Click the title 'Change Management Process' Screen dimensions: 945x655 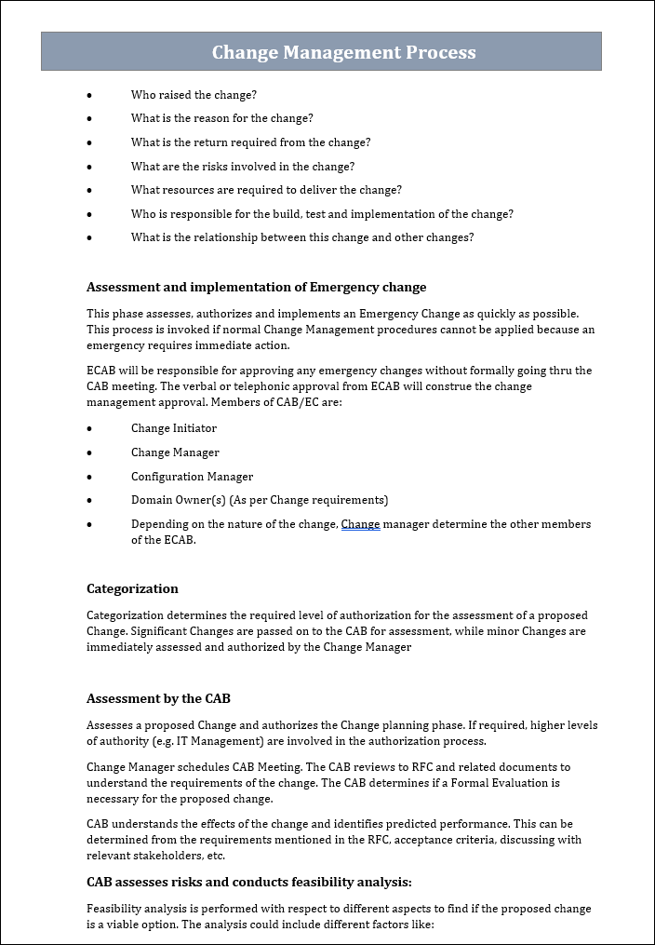point(343,52)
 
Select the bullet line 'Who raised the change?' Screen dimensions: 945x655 point(194,95)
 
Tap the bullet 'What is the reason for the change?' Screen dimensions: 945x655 point(221,118)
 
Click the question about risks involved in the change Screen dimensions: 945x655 point(242,167)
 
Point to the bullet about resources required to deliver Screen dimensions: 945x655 point(266,190)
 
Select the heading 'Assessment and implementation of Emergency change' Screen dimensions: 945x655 point(256,287)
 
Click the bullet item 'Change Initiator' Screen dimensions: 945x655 point(174,428)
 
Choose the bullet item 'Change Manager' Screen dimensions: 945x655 point(175,452)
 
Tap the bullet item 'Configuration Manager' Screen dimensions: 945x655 point(192,477)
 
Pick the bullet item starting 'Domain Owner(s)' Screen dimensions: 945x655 point(259,500)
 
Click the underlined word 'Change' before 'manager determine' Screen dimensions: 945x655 point(360,524)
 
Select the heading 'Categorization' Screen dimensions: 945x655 point(132,588)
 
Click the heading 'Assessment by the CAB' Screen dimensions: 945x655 point(158,698)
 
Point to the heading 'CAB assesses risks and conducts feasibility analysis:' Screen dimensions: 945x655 point(248,882)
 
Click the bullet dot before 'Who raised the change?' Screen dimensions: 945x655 point(89,95)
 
